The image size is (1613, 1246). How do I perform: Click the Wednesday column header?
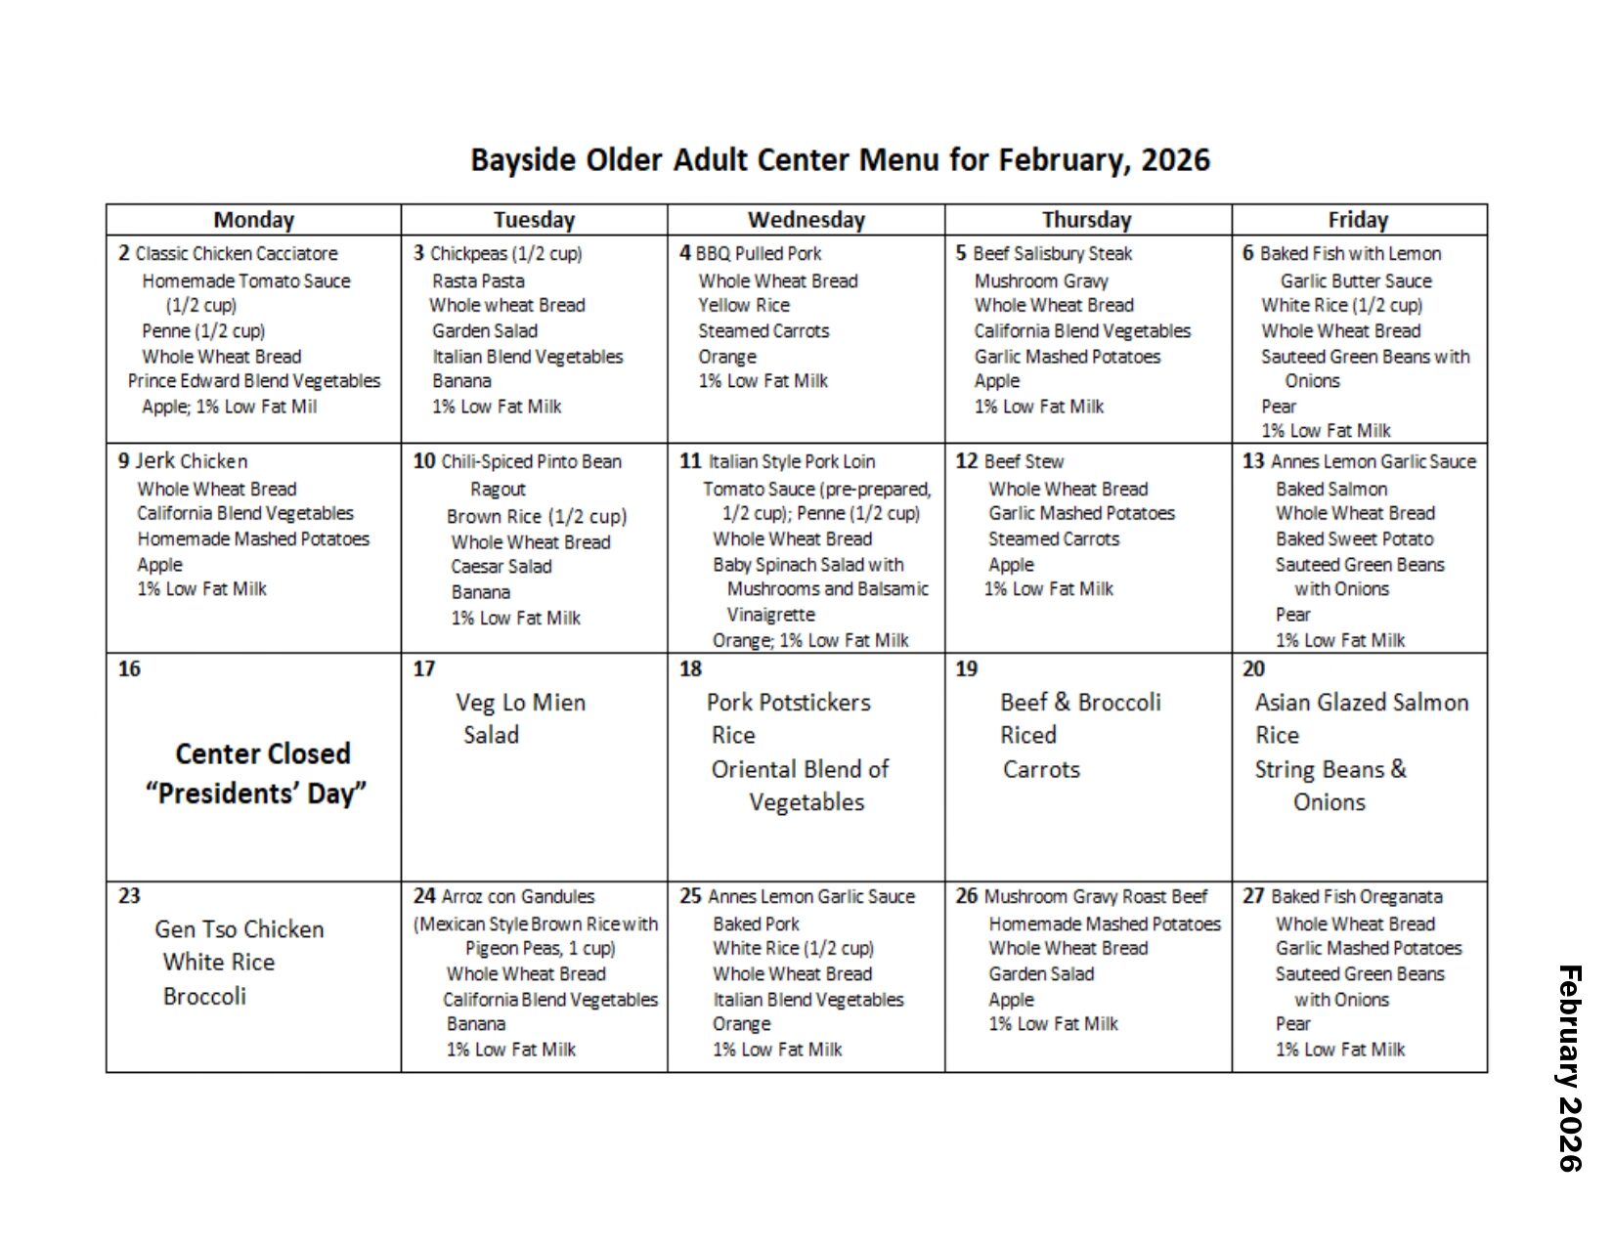806,220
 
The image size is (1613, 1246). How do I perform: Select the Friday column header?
1357,220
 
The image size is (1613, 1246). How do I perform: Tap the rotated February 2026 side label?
1569,1067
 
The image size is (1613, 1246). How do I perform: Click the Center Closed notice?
262,753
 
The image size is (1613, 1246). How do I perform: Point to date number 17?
423,669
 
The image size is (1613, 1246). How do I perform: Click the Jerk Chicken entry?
191,461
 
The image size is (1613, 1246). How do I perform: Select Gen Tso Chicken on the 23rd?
240,929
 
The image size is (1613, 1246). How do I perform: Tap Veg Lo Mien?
520,703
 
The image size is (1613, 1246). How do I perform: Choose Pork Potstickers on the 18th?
788,703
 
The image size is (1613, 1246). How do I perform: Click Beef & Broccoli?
1080,703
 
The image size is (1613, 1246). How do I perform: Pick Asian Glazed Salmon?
1361,703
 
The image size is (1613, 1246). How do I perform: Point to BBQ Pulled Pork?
759,254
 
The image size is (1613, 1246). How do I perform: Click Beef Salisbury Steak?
1052,254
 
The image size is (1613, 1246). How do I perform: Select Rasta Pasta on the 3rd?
478,280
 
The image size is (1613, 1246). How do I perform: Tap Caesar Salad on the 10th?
501,567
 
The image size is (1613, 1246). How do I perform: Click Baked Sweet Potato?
1354,538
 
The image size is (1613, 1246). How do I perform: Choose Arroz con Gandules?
517,897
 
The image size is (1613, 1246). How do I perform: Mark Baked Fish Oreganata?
1356,897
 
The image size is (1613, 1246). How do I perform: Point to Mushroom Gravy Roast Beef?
1095,897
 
